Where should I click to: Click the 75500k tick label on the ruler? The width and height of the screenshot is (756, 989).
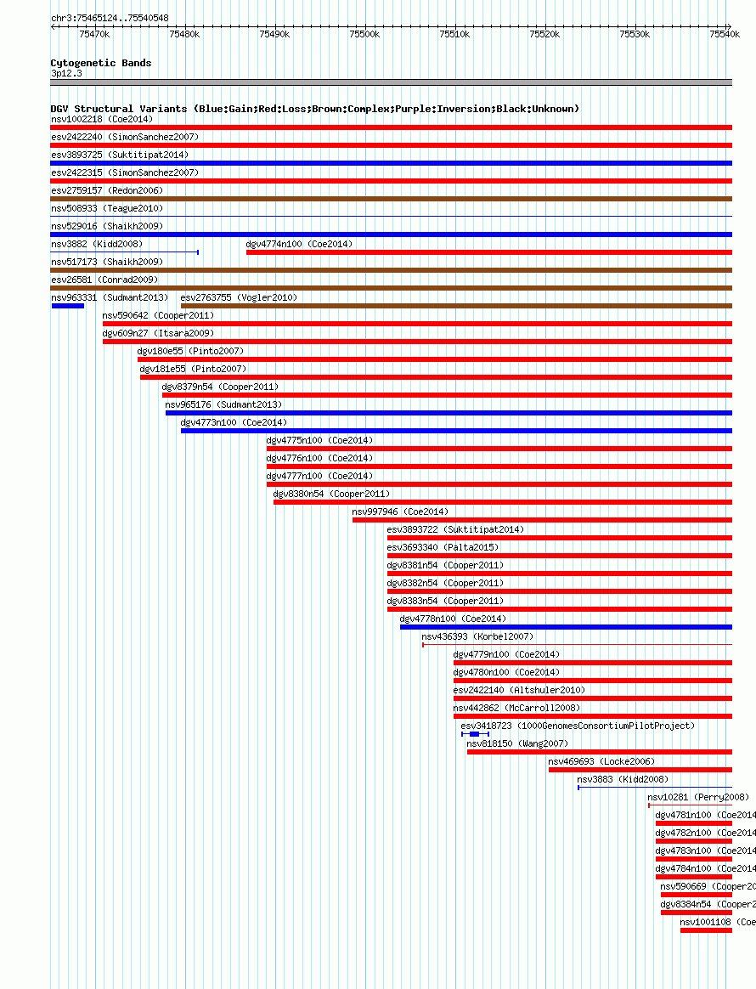(364, 34)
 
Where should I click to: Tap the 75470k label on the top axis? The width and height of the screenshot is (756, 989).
(93, 34)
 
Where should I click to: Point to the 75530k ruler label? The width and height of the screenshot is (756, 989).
(635, 34)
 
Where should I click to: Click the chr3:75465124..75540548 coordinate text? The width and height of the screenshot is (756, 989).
(110, 18)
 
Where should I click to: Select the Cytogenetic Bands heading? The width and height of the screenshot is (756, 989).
(100, 63)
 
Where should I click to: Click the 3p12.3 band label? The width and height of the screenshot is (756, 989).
(66, 74)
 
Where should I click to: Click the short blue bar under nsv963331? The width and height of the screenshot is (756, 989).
(68, 306)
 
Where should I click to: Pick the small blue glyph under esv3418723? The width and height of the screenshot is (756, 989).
(475, 734)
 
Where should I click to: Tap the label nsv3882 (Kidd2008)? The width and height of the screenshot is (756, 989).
(96, 244)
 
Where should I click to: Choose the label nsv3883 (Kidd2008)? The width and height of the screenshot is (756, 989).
(623, 779)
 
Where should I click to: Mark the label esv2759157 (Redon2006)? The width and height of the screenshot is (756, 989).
(107, 190)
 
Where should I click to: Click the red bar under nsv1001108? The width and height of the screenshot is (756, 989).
(706, 930)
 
